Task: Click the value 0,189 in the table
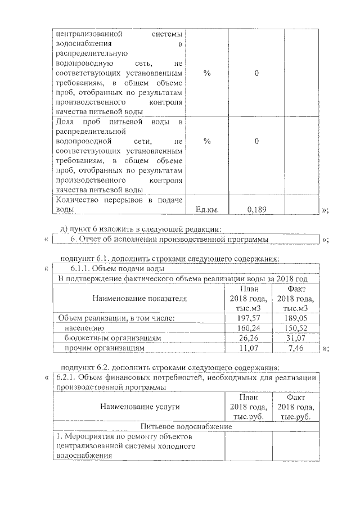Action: (256, 209)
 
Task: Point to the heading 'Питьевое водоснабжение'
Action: (186, 426)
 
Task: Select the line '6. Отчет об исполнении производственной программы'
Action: (169, 240)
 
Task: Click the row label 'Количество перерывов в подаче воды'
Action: (119, 204)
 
